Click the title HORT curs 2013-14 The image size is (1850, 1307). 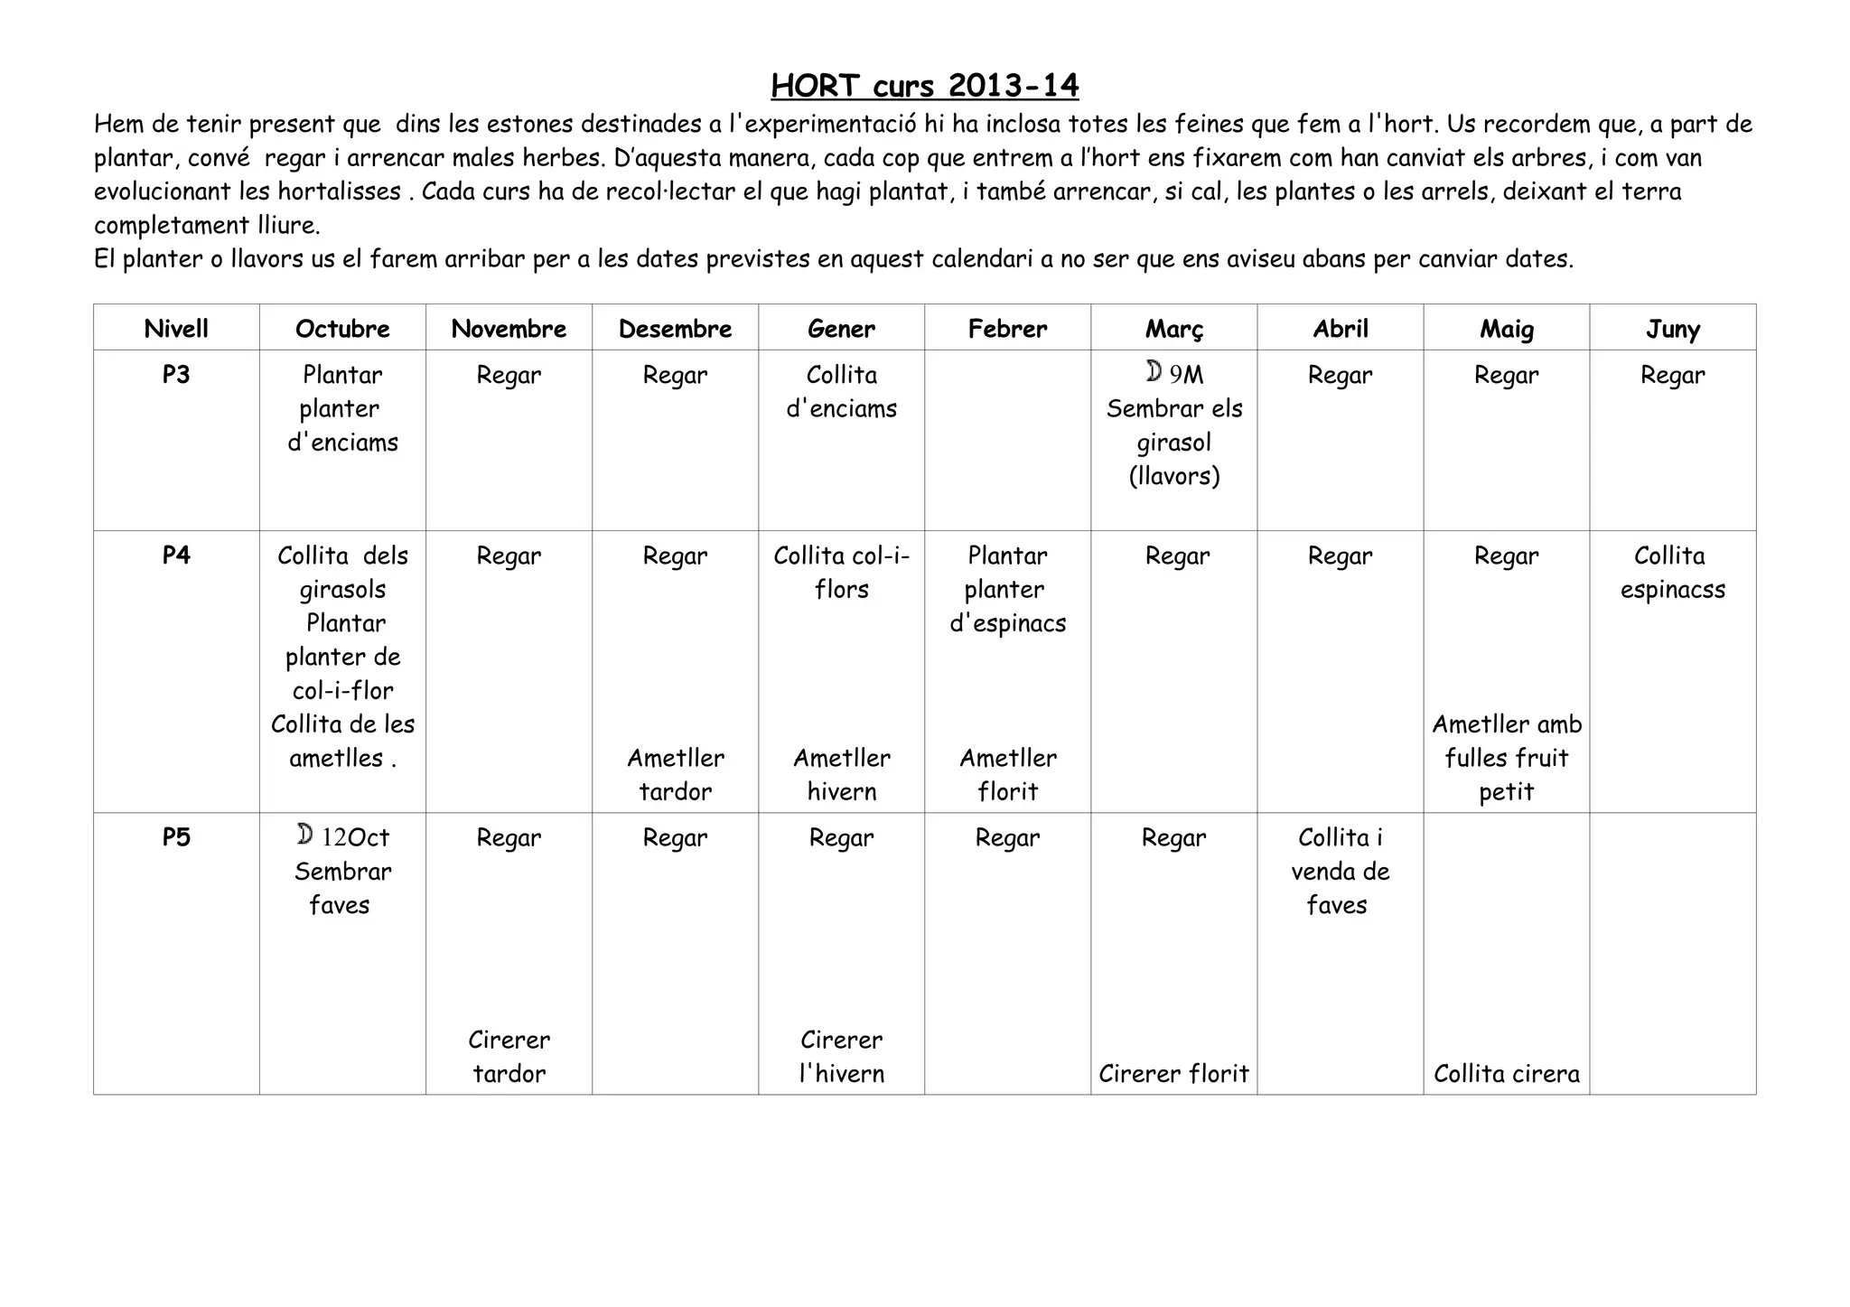coord(924,86)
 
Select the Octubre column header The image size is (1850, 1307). coord(342,329)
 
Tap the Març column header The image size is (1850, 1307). coord(1173,329)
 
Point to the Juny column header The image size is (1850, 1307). coord(1672,329)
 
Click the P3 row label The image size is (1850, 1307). coord(176,374)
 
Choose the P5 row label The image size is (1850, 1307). coord(176,837)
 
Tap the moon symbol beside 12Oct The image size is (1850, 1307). coord(305,835)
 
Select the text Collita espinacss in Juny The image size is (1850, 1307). coord(1672,573)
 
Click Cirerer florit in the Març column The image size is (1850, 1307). coord(1173,1073)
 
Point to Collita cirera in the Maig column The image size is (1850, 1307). coord(1506,1073)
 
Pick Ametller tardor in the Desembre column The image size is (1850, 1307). coord(675,775)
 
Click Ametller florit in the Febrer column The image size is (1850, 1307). coord(1007,775)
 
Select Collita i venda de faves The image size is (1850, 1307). coord(1340,872)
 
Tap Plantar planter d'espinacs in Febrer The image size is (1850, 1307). coord(1007,589)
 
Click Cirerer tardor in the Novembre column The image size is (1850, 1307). coord(509,1057)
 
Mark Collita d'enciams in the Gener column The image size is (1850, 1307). coord(841,392)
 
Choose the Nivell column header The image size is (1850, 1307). coord(176,329)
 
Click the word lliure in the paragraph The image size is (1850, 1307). coord(282,225)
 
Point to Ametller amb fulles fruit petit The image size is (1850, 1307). coord(1506,758)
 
